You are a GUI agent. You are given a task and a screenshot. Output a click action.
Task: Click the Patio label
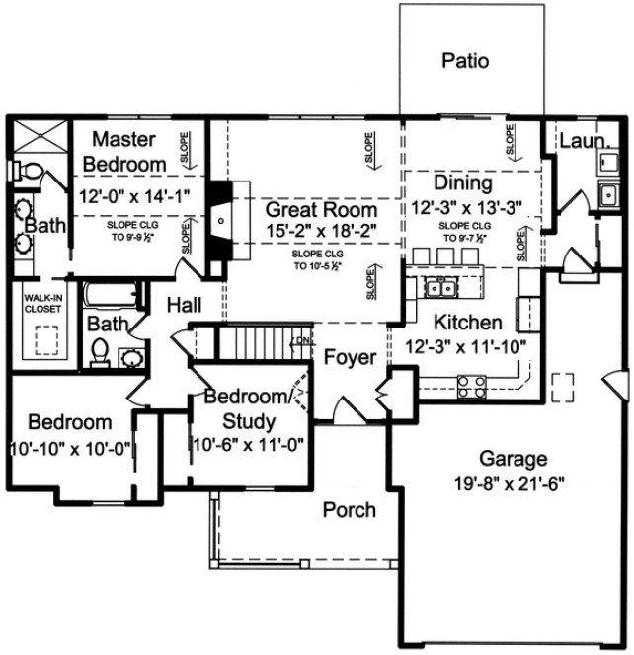click(x=465, y=61)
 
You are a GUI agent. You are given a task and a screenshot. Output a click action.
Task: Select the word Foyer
click(x=351, y=357)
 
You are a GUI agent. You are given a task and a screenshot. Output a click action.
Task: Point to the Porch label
click(x=350, y=509)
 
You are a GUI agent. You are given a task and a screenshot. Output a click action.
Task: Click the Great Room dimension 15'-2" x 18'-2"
click(x=319, y=231)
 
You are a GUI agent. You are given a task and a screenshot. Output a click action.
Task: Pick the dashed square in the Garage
click(x=564, y=387)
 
